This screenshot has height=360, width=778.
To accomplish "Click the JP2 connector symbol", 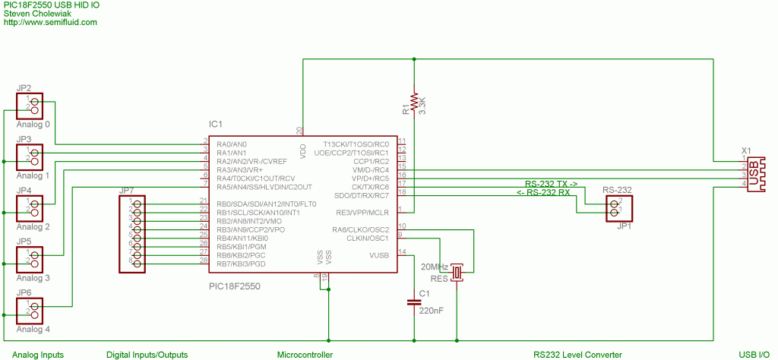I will (30, 106).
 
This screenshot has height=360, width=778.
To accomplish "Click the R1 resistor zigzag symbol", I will (414, 103).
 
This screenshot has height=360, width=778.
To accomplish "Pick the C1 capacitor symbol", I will (414, 302).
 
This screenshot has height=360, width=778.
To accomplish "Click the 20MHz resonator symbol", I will (457, 271).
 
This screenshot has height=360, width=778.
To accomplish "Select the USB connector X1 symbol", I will (754, 174).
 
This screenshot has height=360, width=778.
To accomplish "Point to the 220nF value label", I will (431, 310).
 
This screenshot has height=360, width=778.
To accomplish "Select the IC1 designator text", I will (216, 124).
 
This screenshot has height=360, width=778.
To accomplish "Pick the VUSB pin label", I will (378, 255).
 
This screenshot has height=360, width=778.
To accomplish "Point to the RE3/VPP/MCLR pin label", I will (362, 212).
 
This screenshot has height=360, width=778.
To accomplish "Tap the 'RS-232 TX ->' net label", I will (552, 184).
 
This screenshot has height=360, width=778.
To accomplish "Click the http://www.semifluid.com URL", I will (50, 22).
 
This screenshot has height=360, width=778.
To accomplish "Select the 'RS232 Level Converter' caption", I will (577, 355).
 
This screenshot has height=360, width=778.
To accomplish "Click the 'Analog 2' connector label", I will (33, 226).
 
